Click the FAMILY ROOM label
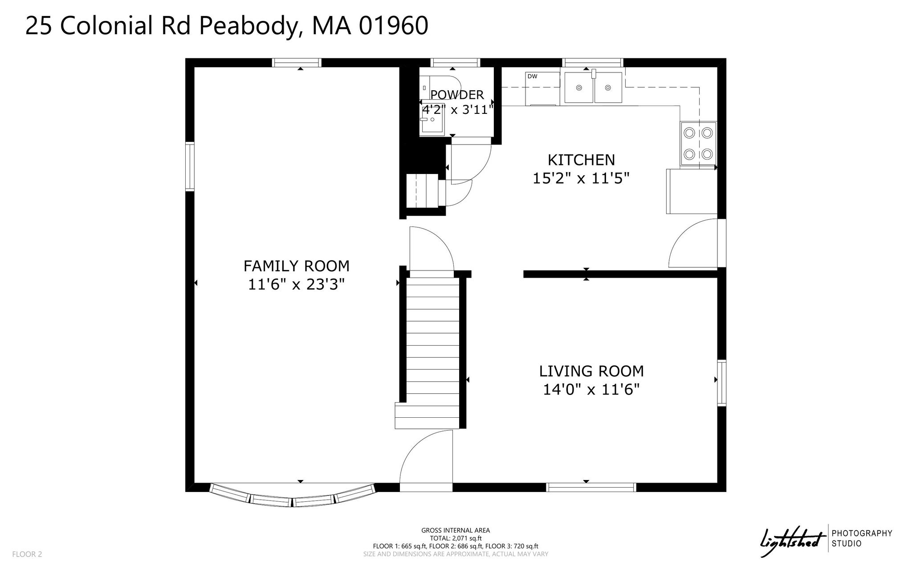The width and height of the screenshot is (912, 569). (296, 266)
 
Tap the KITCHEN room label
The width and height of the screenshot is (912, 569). (581, 160)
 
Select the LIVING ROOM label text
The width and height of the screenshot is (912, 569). (591, 371)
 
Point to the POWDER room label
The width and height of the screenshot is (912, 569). (457, 95)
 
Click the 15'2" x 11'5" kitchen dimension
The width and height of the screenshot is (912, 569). (581, 178)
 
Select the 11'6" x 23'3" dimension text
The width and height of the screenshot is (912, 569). (297, 284)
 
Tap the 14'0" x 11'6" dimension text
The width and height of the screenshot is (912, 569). (591, 390)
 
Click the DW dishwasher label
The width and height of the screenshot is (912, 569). (532, 77)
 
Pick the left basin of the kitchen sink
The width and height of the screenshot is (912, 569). (579, 88)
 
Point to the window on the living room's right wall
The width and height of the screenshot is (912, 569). (721, 383)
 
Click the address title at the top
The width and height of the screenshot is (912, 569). (227, 25)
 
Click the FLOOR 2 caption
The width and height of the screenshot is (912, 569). (27, 554)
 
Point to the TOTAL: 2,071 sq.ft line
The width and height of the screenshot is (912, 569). (456, 538)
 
